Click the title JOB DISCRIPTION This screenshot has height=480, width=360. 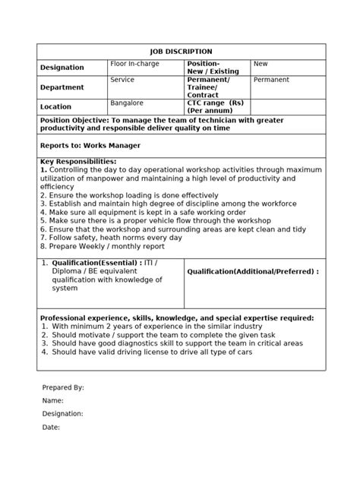[180, 51]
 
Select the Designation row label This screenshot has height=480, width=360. [62, 68]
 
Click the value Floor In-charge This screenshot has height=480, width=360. [134, 64]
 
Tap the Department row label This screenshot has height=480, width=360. [62, 87]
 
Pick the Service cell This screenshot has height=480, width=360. [122, 79]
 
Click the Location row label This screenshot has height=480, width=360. [55, 107]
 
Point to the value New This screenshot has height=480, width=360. [261, 64]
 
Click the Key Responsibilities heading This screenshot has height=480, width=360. [78, 161]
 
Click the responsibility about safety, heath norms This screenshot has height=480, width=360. [112, 236]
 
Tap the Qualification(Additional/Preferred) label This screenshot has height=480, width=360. [252, 271]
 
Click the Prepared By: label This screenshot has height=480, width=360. [63, 387]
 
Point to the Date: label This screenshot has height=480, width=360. [51, 427]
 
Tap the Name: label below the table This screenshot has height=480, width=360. [52, 400]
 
